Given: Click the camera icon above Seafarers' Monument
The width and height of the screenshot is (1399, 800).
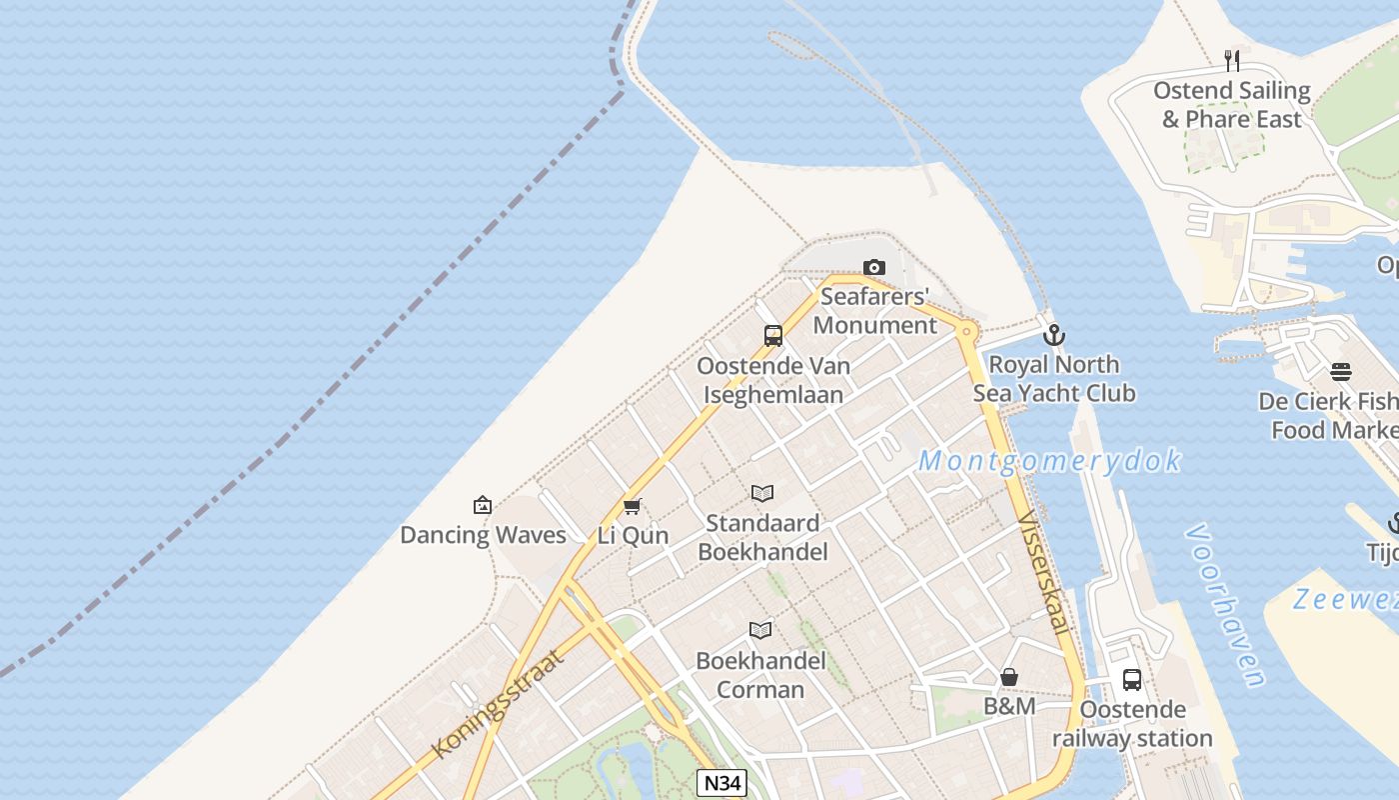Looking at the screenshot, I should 874,267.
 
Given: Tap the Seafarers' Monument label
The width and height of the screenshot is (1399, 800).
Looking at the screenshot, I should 874,311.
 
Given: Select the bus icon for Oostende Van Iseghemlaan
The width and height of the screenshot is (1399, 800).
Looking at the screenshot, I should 773,336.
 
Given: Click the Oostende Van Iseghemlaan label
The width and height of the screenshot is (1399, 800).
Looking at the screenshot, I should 773,380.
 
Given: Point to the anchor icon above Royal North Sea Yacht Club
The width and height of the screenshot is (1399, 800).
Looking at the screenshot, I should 1053,335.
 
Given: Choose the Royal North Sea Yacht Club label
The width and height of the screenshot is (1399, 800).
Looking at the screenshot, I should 1054,379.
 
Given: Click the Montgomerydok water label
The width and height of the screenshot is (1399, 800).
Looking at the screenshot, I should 1049,461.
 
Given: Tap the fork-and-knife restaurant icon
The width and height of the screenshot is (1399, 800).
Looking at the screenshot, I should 1232,61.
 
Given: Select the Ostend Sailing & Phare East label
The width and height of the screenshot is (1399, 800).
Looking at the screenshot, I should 1231,105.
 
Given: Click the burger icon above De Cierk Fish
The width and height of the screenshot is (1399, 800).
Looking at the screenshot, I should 1341,372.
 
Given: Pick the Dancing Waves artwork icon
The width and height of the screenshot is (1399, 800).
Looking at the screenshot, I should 483,505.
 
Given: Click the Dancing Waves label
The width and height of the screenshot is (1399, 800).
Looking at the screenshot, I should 483,535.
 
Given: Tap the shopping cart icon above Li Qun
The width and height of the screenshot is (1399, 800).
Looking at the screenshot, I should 632,506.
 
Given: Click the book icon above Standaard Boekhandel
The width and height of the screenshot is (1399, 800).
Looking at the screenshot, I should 762,493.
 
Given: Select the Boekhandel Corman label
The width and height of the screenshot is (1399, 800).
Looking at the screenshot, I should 760,675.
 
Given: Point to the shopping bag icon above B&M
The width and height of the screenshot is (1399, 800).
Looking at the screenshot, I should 1009,677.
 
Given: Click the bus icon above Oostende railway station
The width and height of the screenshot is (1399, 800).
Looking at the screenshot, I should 1132,680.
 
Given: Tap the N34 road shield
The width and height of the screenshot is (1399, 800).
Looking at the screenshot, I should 721,783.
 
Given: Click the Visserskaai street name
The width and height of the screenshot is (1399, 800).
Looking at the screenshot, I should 1044,573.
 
